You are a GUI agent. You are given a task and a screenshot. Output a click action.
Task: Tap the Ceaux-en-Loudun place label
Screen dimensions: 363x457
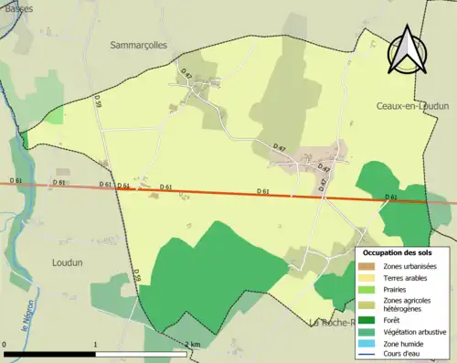pos(416,106)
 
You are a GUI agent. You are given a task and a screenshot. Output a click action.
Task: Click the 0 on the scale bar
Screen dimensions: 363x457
pos(5,345)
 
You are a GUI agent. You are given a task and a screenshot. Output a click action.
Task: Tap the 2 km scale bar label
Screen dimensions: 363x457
pos(193,345)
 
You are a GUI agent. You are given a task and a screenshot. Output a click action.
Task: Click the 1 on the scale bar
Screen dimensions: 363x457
pos(96,345)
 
